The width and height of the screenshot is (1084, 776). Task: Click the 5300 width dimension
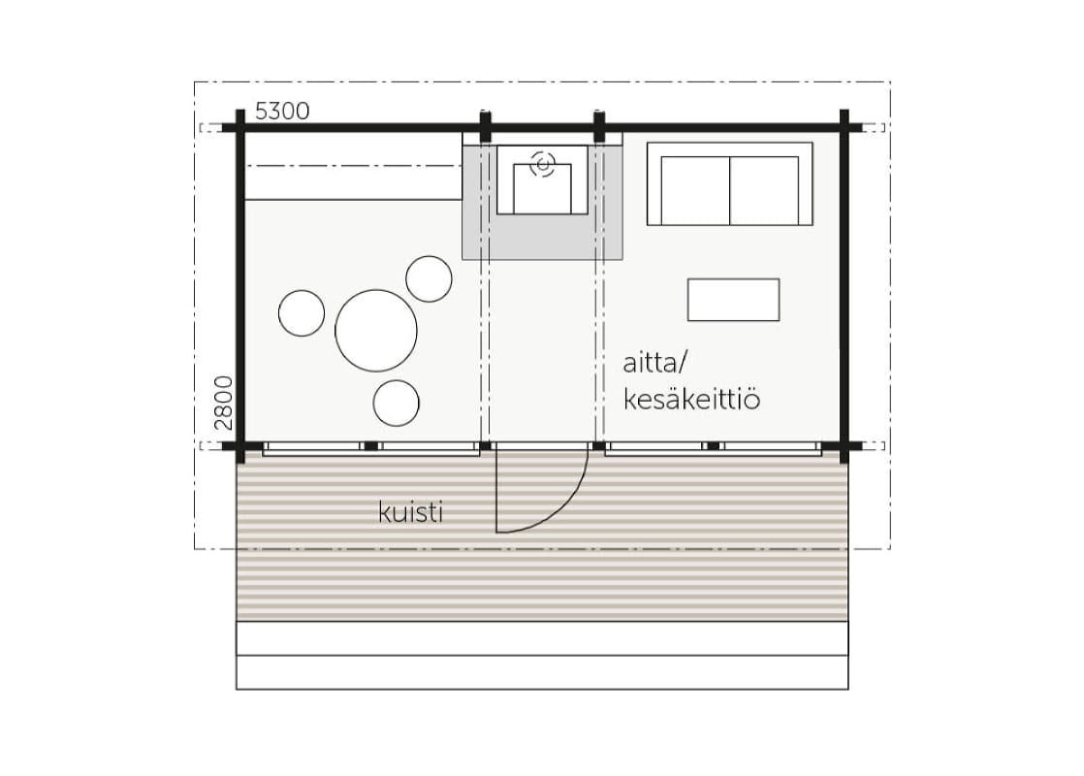pyautogui.click(x=282, y=111)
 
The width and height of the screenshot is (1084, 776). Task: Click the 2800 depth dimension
pyautogui.click(x=223, y=403)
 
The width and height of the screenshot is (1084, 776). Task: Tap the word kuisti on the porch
pyautogui.click(x=411, y=512)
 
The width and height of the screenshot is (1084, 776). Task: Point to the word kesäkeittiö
pyautogui.click(x=692, y=399)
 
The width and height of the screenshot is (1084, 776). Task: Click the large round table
pyautogui.click(x=376, y=331)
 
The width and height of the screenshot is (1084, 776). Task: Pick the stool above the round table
pyautogui.click(x=429, y=278)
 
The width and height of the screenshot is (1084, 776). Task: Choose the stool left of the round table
pyautogui.click(x=302, y=313)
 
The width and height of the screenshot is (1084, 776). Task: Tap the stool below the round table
pyautogui.click(x=397, y=404)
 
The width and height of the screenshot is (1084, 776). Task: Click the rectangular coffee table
pyautogui.click(x=734, y=300)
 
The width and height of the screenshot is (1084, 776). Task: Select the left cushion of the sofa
pyautogui.click(x=695, y=190)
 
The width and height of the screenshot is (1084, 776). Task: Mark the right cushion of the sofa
pyautogui.click(x=764, y=190)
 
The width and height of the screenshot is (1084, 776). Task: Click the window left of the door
pyautogui.click(x=371, y=448)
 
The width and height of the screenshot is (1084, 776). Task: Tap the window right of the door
pyautogui.click(x=714, y=448)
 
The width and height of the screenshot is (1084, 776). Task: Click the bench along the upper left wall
pyautogui.click(x=353, y=166)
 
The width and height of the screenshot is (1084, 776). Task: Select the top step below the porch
pyautogui.click(x=542, y=638)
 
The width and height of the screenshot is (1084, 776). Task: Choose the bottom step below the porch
pyautogui.click(x=542, y=672)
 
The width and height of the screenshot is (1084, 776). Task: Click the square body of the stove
pyautogui.click(x=543, y=189)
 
